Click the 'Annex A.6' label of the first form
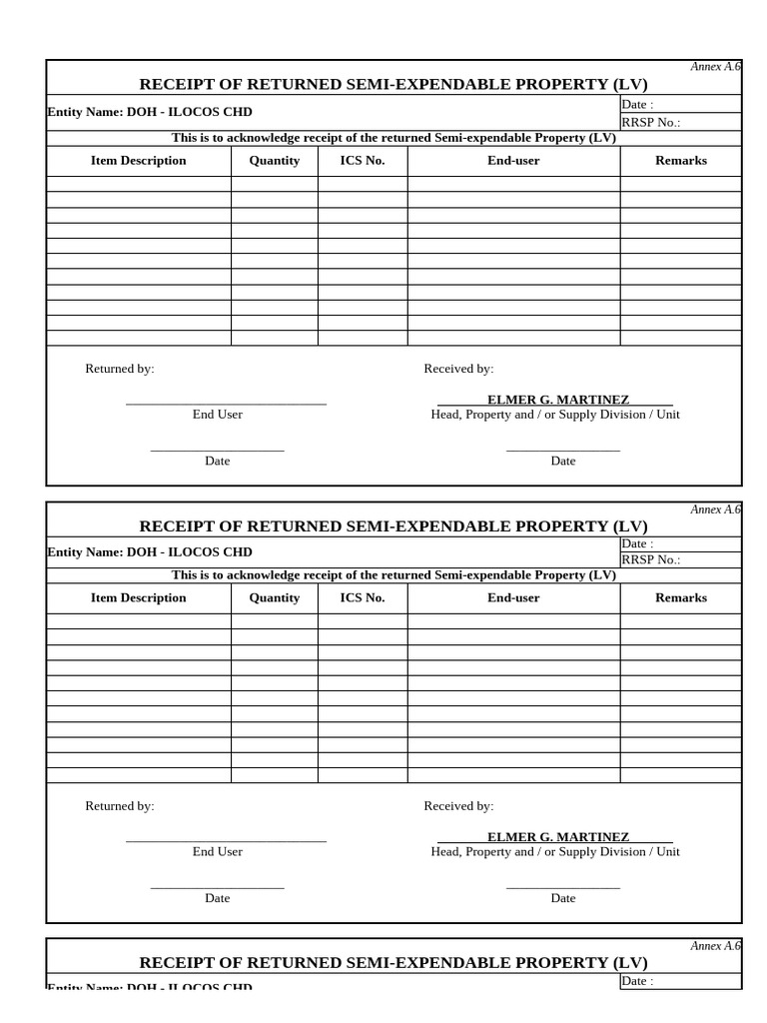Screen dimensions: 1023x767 pos(715,67)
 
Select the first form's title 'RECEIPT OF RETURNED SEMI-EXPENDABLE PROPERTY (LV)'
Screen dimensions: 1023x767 pos(393,84)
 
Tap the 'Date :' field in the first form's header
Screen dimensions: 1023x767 pos(638,105)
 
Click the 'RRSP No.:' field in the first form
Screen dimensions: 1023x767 pos(650,123)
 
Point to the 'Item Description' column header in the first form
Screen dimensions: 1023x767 pos(138,161)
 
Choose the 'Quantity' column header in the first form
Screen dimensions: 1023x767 pos(274,161)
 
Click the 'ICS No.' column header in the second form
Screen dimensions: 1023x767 pos(362,598)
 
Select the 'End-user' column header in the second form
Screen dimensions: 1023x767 pos(513,598)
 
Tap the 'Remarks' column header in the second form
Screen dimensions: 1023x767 pos(680,598)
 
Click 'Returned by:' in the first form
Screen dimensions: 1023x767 pos(120,370)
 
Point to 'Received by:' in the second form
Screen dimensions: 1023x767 pos(458,806)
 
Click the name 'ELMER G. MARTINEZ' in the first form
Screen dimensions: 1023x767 pos(557,400)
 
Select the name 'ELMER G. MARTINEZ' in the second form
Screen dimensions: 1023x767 pos(557,837)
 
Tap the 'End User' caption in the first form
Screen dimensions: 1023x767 pos(218,415)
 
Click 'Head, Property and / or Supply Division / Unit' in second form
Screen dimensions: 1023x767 pos(555,852)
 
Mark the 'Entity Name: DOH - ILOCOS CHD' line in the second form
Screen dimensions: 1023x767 pos(150,552)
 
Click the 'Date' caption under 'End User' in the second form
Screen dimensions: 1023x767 pos(218,898)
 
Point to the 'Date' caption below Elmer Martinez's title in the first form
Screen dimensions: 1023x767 pos(563,462)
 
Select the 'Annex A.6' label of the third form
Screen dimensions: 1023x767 pos(715,946)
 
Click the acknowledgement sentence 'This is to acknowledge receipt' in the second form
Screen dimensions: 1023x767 pos(393,575)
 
